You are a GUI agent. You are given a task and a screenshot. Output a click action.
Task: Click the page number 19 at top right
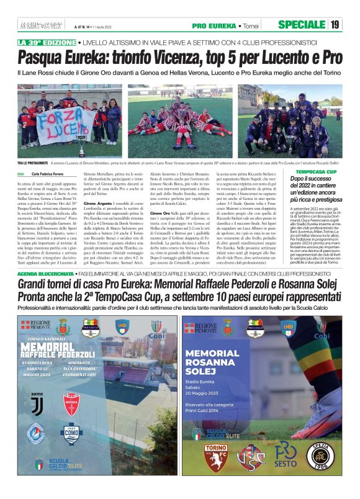pyautogui.click(x=335, y=25)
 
